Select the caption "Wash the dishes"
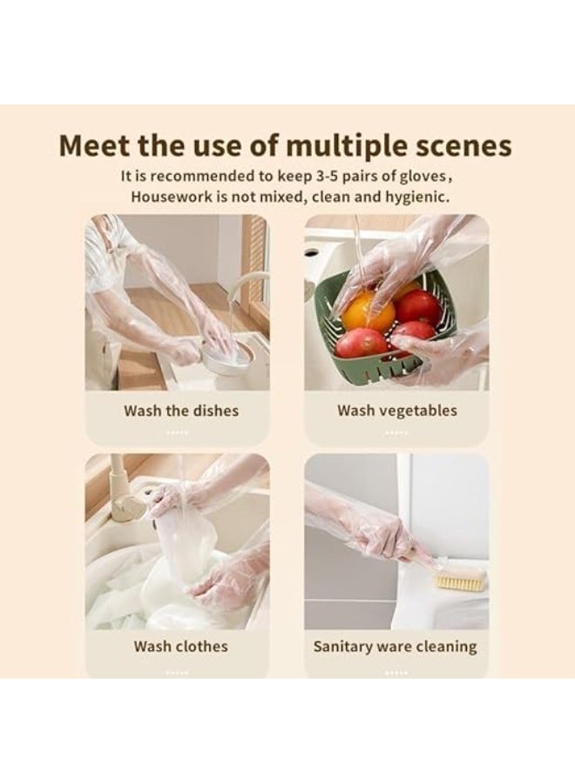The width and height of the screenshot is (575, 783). [x=180, y=411]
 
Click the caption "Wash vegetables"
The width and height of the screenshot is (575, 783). [x=396, y=411]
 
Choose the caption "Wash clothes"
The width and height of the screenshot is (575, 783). [x=180, y=646]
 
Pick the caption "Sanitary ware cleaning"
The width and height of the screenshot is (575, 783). [x=395, y=646]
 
